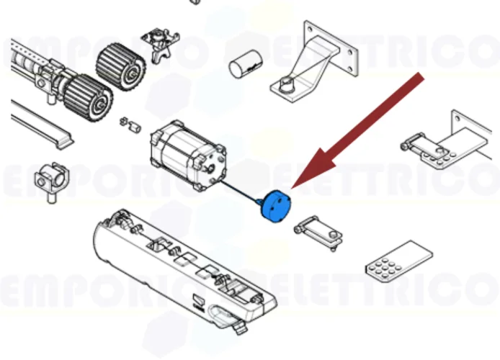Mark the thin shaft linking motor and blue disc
click(x=241, y=189)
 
